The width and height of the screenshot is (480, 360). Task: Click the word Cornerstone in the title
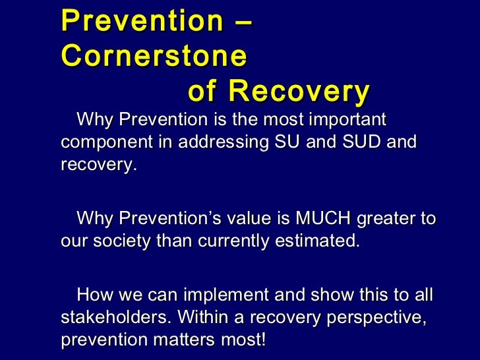154,56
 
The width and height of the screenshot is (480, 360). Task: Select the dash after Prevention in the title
241,21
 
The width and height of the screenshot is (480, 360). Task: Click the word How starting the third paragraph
92,295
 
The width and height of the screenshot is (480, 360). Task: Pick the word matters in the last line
191,340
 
